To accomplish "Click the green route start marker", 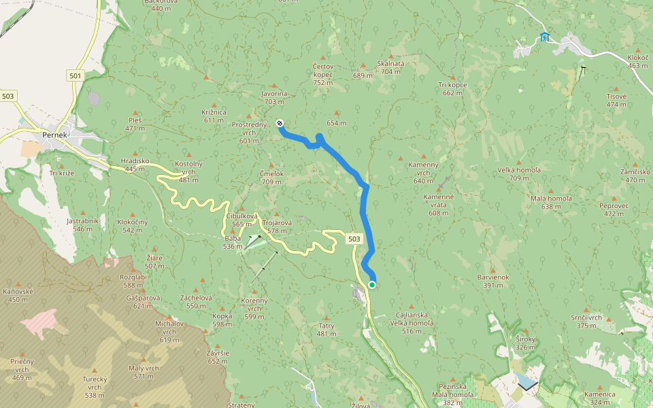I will click(372, 284).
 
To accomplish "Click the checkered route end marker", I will click(280, 123).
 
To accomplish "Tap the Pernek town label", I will click(54, 135).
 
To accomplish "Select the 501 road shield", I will click(75, 75).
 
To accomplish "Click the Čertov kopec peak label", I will click(322, 74).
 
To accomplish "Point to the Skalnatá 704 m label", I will click(390, 67).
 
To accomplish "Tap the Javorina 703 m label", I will click(274, 97).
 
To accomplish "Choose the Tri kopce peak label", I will click(452, 88).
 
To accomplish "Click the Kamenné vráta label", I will click(438, 205).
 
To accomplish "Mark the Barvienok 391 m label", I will click(493, 281).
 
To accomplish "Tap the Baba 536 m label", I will click(233, 242).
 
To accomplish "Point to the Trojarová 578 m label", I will click(277, 226).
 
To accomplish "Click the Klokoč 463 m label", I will click(638, 62).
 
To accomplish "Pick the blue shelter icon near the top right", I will click(544, 37).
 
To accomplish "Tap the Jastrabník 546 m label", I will click(83, 224).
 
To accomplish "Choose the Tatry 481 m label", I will click(326, 330).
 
